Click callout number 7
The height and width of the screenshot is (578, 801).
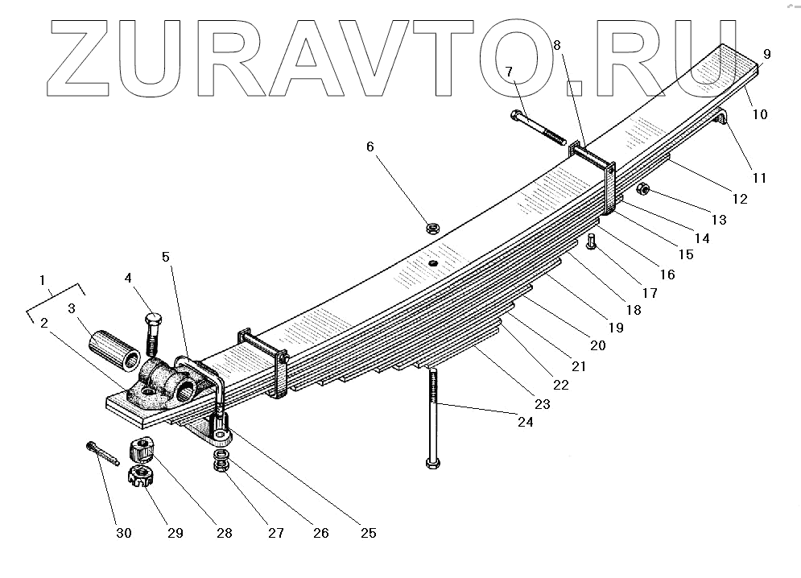pos(509,72)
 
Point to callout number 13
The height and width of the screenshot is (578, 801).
pos(719,219)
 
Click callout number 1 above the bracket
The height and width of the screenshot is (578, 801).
pos(43,279)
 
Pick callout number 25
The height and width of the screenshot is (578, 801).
pos(369,532)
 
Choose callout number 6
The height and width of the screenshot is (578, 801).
pos(370,147)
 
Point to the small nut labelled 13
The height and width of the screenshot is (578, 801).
pos(644,190)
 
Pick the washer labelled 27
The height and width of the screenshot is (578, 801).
pos(219,464)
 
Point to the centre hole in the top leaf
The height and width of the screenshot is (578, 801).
pos(432,262)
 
